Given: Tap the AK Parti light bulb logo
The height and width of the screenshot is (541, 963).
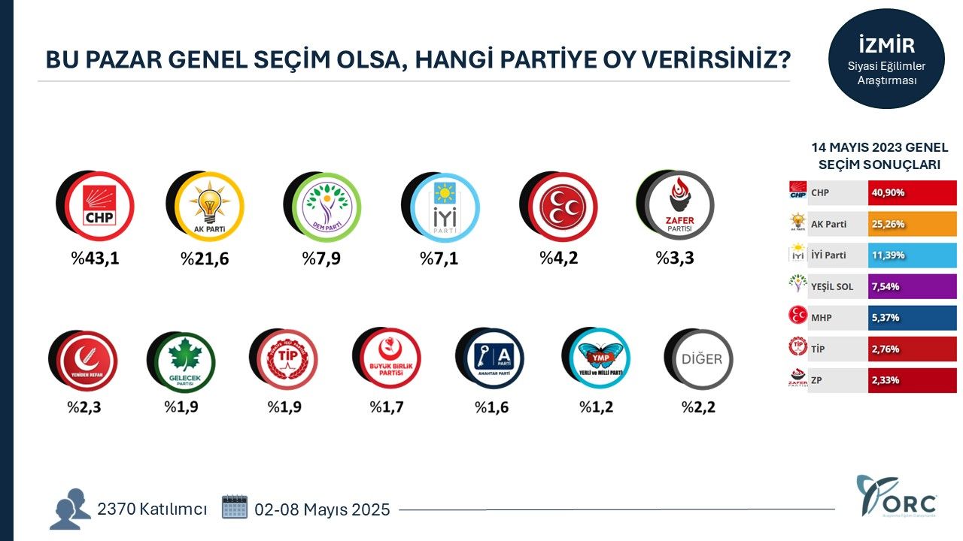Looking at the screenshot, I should pos(208,206).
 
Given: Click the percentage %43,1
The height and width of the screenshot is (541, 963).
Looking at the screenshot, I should pos(96,259).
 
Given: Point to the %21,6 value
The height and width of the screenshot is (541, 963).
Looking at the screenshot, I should pos(204,259).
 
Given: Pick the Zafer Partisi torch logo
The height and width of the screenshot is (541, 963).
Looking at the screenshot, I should pos(679,206).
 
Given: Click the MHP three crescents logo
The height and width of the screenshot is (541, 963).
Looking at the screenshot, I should pos(562,206).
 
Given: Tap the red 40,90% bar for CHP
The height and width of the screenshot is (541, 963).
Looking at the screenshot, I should pos(912,192).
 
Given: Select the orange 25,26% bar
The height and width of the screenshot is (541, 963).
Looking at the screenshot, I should pos(912,224).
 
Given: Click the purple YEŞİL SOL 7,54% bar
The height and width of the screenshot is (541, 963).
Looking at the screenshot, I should pos(912,286).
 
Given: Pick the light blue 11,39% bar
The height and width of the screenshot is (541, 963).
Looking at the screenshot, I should pos(912,255).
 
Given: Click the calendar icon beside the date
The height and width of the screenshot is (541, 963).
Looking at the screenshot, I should pos(235,507).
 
